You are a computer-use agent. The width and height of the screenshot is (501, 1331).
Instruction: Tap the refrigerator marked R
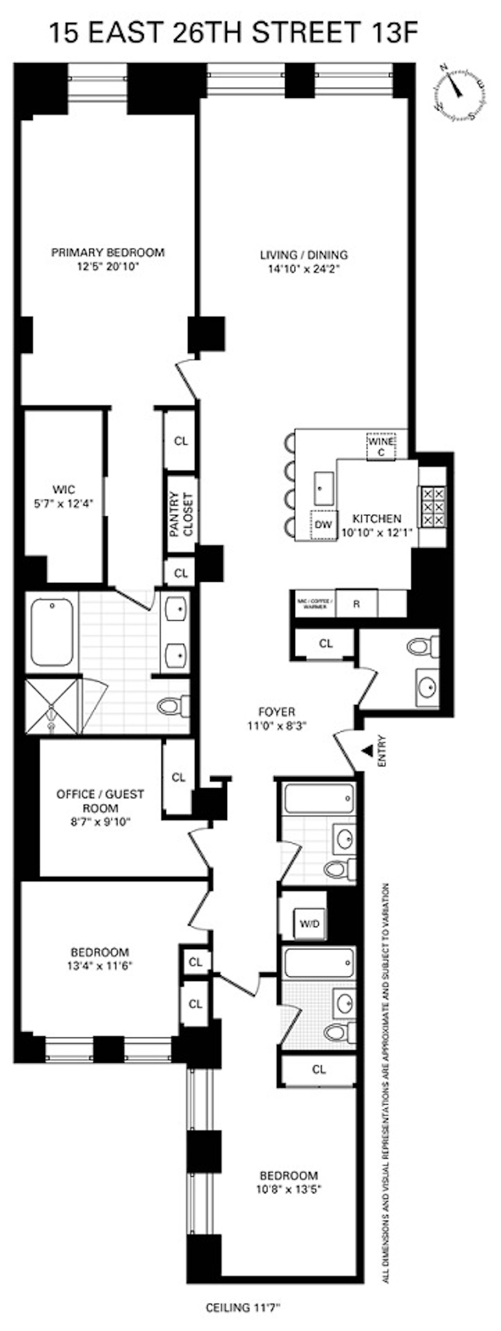click(356, 603)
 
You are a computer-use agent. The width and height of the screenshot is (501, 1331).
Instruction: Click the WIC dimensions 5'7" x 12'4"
click(63, 503)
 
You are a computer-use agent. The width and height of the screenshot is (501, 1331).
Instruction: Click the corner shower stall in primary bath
click(51, 706)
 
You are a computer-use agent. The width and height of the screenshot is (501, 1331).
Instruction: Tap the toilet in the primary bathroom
click(173, 706)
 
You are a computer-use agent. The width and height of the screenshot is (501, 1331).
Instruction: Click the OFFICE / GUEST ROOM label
click(100, 801)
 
